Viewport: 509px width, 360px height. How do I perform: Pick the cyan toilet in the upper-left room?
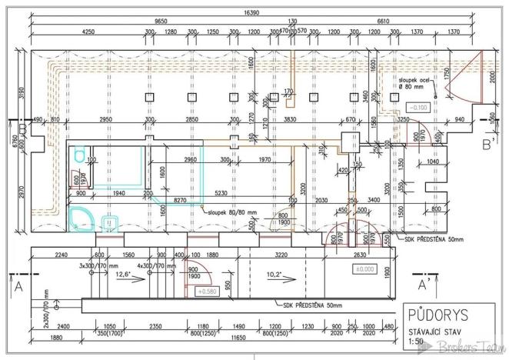pyautogui.click(x=80, y=157)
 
